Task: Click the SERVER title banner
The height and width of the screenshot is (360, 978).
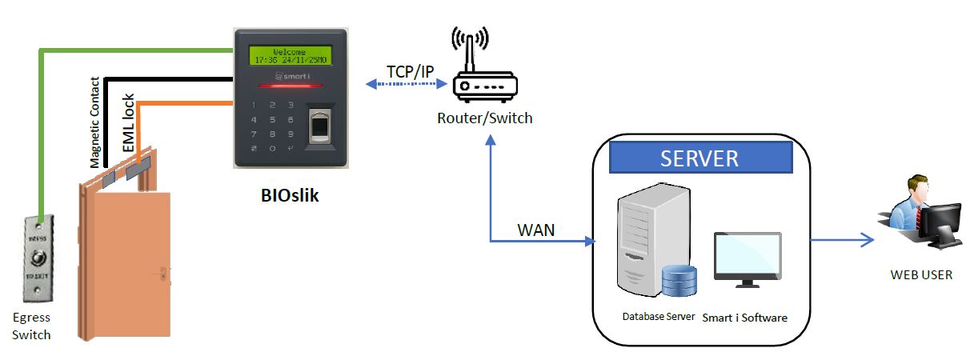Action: [699, 158]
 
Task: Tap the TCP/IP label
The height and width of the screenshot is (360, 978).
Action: [410, 72]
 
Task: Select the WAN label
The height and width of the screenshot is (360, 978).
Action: [536, 230]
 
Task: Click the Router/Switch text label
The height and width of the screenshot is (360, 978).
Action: [484, 118]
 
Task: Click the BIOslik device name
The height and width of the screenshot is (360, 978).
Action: [290, 194]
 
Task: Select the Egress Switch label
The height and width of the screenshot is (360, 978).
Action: [31, 326]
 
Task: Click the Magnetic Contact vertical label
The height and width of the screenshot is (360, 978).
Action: [94, 122]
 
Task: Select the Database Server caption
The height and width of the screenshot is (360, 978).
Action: [659, 317]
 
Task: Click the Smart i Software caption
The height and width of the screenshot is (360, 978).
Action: [744, 318]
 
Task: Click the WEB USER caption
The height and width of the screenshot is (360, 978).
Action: [921, 274]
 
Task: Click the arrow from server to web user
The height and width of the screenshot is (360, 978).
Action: [840, 238]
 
